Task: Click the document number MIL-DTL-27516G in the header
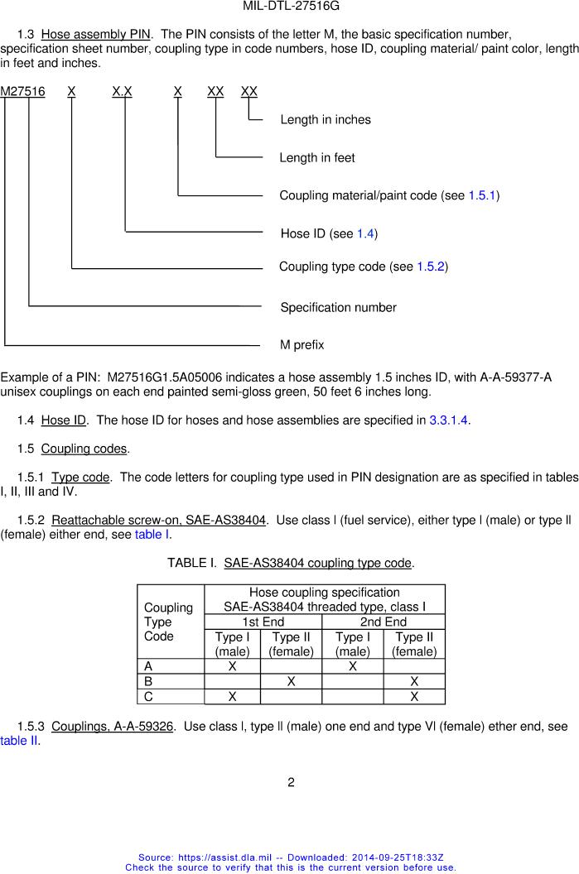(x=291, y=6)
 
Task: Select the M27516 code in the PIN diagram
(x=23, y=91)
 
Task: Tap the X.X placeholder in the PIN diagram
(x=122, y=91)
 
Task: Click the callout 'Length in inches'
(x=326, y=120)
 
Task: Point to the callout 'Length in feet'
(x=317, y=158)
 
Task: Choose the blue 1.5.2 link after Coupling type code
(x=431, y=267)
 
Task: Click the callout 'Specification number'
(x=338, y=308)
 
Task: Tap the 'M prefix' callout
(x=302, y=344)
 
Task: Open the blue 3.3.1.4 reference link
(x=448, y=420)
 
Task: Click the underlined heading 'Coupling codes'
(x=84, y=449)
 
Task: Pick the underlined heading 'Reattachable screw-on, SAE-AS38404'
(x=158, y=521)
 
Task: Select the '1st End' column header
(x=263, y=622)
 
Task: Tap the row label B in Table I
(x=148, y=681)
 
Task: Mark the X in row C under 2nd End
(x=414, y=697)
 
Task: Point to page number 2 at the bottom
(x=291, y=782)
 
